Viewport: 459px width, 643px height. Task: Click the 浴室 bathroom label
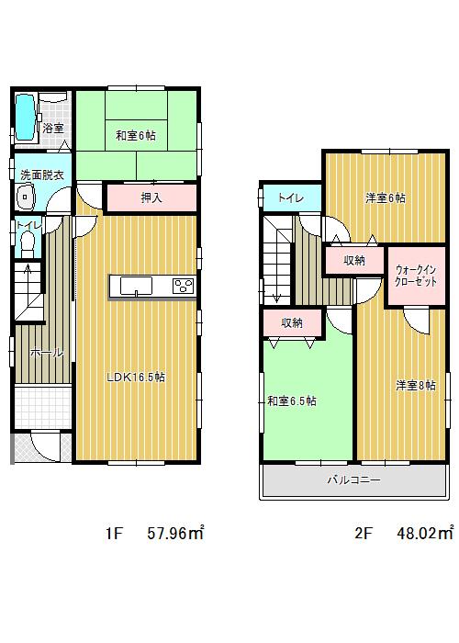point(54,129)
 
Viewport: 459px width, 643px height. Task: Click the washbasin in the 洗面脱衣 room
point(24,197)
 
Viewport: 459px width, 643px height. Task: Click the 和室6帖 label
point(135,136)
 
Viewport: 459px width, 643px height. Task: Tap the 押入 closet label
point(151,197)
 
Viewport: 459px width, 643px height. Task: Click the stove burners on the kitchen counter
point(182,286)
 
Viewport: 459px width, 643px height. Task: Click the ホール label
point(46,353)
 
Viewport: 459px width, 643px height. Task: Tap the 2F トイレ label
point(292,197)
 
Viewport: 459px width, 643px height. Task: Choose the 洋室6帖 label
point(386,197)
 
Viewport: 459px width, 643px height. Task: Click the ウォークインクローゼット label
point(416,276)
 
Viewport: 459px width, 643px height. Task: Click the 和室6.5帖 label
point(292,401)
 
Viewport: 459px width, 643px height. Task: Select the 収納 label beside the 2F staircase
point(353,261)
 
